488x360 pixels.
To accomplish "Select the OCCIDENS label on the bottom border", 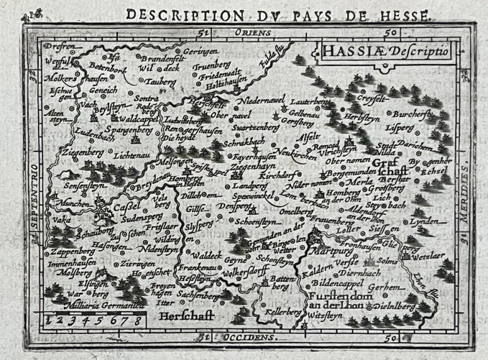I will click(x=246, y=336).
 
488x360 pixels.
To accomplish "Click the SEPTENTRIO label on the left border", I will click(x=32, y=194).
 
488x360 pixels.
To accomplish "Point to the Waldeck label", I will click(x=208, y=254).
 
